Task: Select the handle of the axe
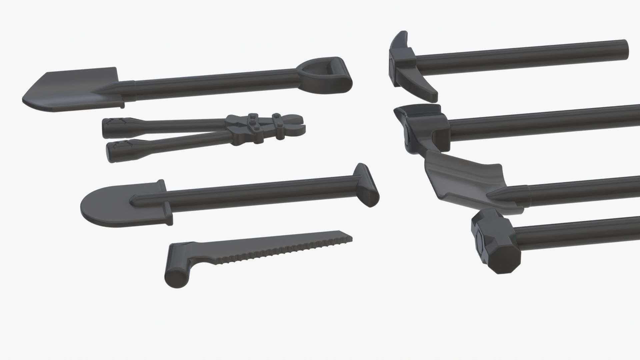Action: pyautogui.click(x=543, y=120)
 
